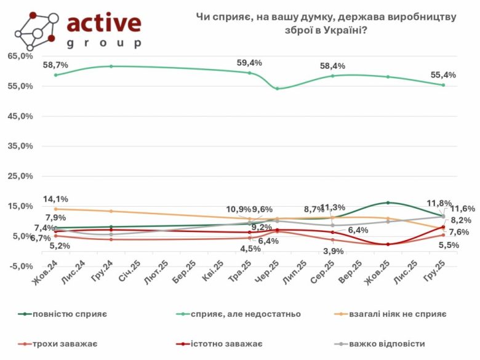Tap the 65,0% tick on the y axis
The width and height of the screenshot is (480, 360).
tap(21, 56)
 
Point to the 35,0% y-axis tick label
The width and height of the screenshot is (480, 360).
tap(21, 146)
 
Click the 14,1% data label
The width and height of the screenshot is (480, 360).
tap(55, 199)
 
